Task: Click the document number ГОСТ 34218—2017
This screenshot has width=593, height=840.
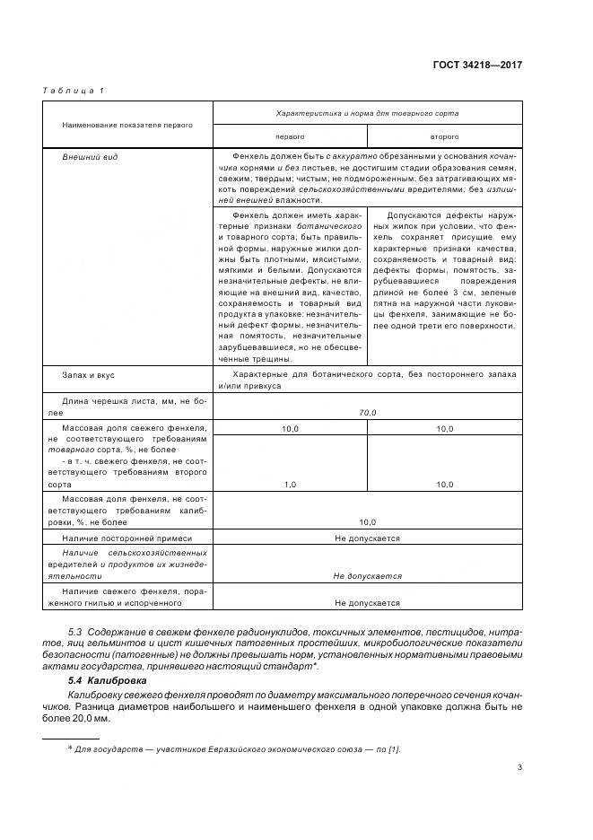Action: point(478,65)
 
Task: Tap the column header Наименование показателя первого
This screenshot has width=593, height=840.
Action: point(127,125)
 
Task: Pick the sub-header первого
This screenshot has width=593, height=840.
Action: point(289,136)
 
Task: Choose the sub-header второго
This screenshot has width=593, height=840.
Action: point(445,136)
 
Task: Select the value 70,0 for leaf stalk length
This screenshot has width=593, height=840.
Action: point(367,412)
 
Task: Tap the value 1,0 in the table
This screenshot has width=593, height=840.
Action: point(290,484)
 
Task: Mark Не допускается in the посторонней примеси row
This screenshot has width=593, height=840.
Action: point(367,538)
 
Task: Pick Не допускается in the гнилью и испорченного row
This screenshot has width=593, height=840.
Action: point(367,604)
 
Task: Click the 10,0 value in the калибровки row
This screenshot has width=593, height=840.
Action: point(367,521)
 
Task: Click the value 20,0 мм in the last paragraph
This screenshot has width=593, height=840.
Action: point(92,719)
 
